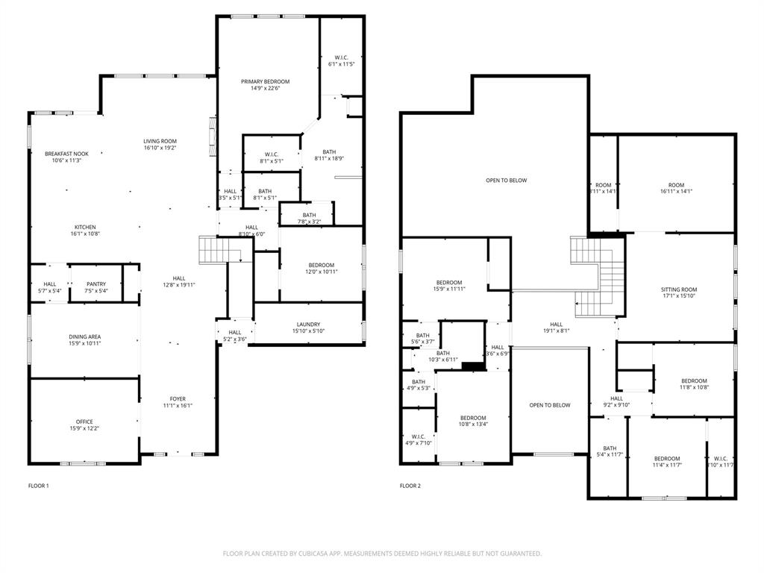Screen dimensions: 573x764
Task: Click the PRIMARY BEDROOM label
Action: [265, 81]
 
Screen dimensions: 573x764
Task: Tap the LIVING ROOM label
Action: [160, 141]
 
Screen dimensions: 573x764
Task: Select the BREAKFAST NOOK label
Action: [66, 154]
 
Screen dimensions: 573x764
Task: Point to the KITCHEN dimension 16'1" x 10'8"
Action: [85, 234]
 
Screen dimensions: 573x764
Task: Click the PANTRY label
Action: [96, 284]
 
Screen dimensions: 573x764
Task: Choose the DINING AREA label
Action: [84, 336]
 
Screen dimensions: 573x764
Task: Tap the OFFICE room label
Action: [84, 422]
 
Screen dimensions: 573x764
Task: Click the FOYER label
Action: [178, 398]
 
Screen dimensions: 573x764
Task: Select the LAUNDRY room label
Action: [308, 324]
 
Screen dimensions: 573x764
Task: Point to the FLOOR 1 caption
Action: [38, 486]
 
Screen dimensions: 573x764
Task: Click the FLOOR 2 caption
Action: [410, 486]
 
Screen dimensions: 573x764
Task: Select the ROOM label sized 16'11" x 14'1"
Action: [676, 185]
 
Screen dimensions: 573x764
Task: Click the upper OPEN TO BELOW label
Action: [507, 180]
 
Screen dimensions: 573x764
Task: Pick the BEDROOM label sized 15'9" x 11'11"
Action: [449, 282]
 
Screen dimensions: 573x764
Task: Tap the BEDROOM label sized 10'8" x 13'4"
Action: [473, 417]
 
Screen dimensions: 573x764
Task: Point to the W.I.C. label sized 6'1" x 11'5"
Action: [341, 57]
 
